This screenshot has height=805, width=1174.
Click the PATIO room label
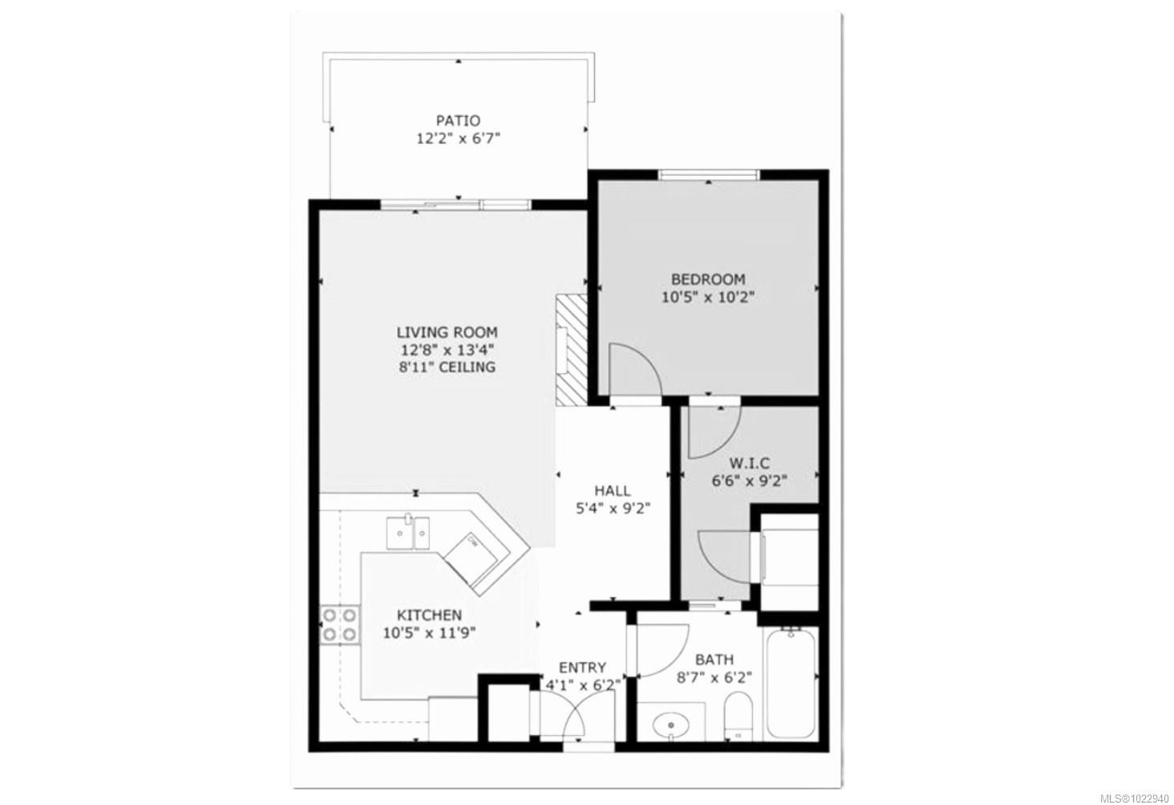458,121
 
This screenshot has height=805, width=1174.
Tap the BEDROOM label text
707,279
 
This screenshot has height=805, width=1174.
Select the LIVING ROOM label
447,332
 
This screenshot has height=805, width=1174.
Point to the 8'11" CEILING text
447,368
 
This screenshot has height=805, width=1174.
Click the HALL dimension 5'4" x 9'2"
611,508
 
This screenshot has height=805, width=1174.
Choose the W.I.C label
749,464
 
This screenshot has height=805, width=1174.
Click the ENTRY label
582,668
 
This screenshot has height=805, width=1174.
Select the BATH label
714,660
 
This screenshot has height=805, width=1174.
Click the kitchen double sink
407,533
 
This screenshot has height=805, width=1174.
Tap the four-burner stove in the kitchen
339,625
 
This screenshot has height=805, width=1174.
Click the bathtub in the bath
791,685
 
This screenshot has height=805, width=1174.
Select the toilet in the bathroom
736,716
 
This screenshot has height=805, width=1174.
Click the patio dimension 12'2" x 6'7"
458,139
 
